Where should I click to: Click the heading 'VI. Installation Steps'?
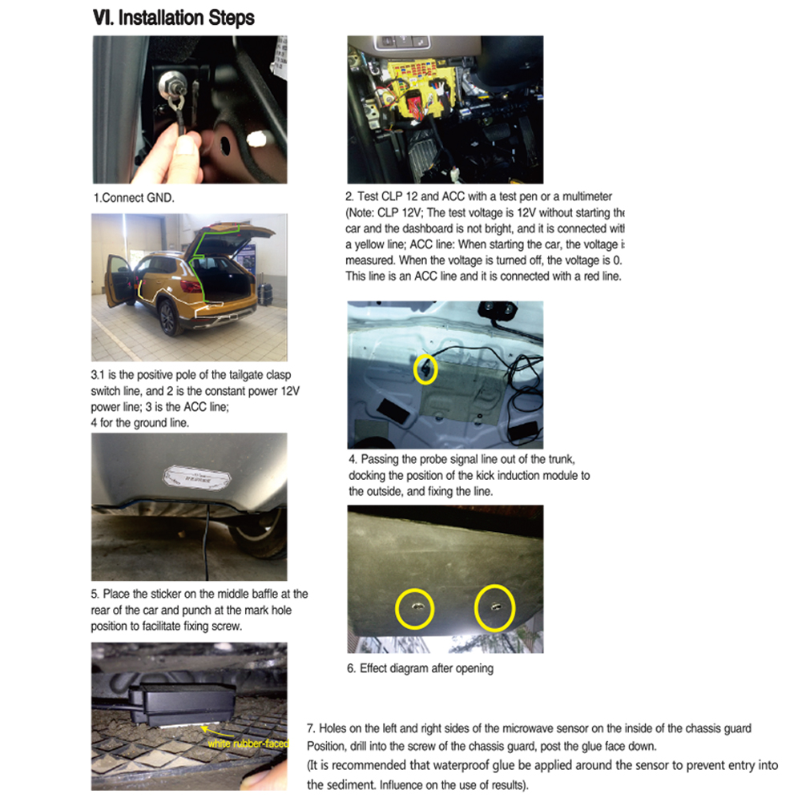(x=175, y=18)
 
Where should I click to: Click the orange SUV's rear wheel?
(x=168, y=317)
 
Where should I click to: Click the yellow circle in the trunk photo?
(x=425, y=369)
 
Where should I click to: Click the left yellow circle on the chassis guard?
(x=415, y=610)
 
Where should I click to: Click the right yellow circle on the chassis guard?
(x=494, y=608)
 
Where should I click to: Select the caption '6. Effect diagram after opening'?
(x=420, y=668)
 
